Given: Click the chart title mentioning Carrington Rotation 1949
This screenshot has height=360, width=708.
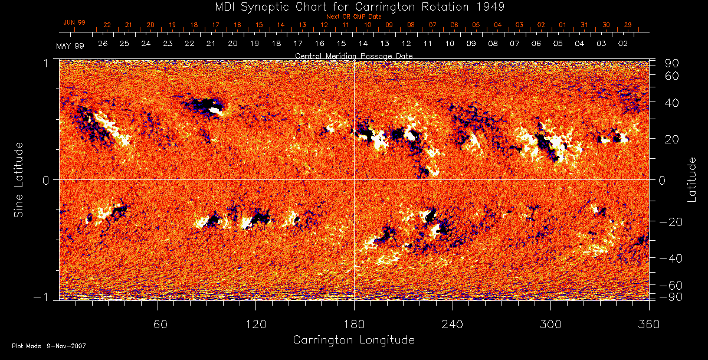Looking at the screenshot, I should click(x=354, y=6).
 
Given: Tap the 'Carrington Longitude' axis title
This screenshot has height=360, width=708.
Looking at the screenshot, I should click(x=353, y=340).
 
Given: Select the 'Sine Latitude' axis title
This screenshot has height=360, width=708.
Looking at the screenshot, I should click(x=19, y=179).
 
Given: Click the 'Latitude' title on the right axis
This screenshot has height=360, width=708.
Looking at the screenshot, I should click(x=691, y=179).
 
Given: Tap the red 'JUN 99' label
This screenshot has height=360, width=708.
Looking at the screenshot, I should click(x=74, y=22).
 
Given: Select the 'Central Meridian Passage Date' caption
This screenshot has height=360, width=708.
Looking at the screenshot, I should click(x=353, y=55).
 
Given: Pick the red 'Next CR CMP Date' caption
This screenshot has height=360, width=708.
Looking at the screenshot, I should click(x=353, y=17).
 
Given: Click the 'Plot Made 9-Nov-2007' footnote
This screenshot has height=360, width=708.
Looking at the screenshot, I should click(x=49, y=346).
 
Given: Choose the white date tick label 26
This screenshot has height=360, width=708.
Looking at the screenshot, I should click(x=103, y=44).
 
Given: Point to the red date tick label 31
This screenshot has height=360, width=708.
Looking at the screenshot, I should click(x=584, y=25).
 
